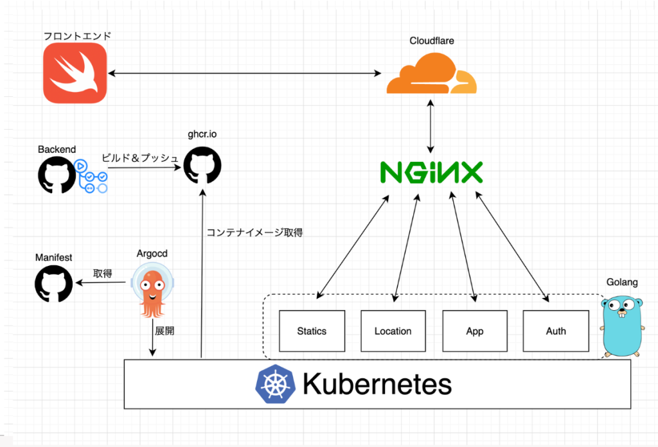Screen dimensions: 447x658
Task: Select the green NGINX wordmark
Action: pyautogui.click(x=431, y=173)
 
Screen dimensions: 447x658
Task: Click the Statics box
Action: pyautogui.click(x=312, y=331)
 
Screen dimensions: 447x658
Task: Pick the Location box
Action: pyautogui.click(x=393, y=331)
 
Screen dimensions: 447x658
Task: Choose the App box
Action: pyautogui.click(x=474, y=331)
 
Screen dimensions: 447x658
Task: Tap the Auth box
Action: pyautogui.click(x=556, y=331)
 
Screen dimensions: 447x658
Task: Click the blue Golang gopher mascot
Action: pyautogui.click(x=622, y=325)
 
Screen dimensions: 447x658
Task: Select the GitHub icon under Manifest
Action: pyautogui.click(x=53, y=283)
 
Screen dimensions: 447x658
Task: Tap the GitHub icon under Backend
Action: pyautogui.click(x=57, y=175)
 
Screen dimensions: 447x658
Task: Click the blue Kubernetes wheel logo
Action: pyautogui.click(x=274, y=385)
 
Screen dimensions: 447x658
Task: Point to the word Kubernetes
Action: pyautogui.click(x=377, y=385)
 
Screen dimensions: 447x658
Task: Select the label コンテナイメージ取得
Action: pyautogui.click(x=254, y=232)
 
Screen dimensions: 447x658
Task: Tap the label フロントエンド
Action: pyautogui.click(x=77, y=36)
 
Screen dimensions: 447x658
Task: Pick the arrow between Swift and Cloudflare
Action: pyautogui.click(x=245, y=74)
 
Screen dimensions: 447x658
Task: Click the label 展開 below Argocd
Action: pyautogui.click(x=164, y=331)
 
